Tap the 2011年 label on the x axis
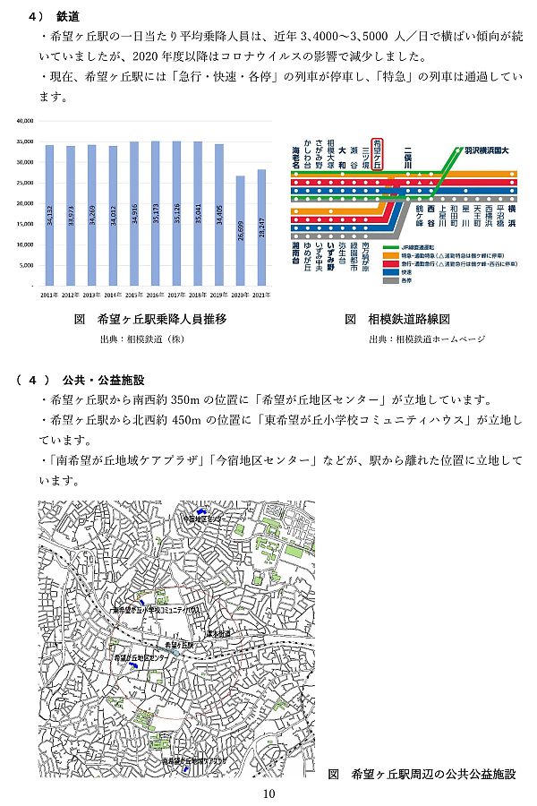coord(49,293)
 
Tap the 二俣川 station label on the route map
coord(408,154)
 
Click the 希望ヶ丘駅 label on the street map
coord(181,643)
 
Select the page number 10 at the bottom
coord(268,793)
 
